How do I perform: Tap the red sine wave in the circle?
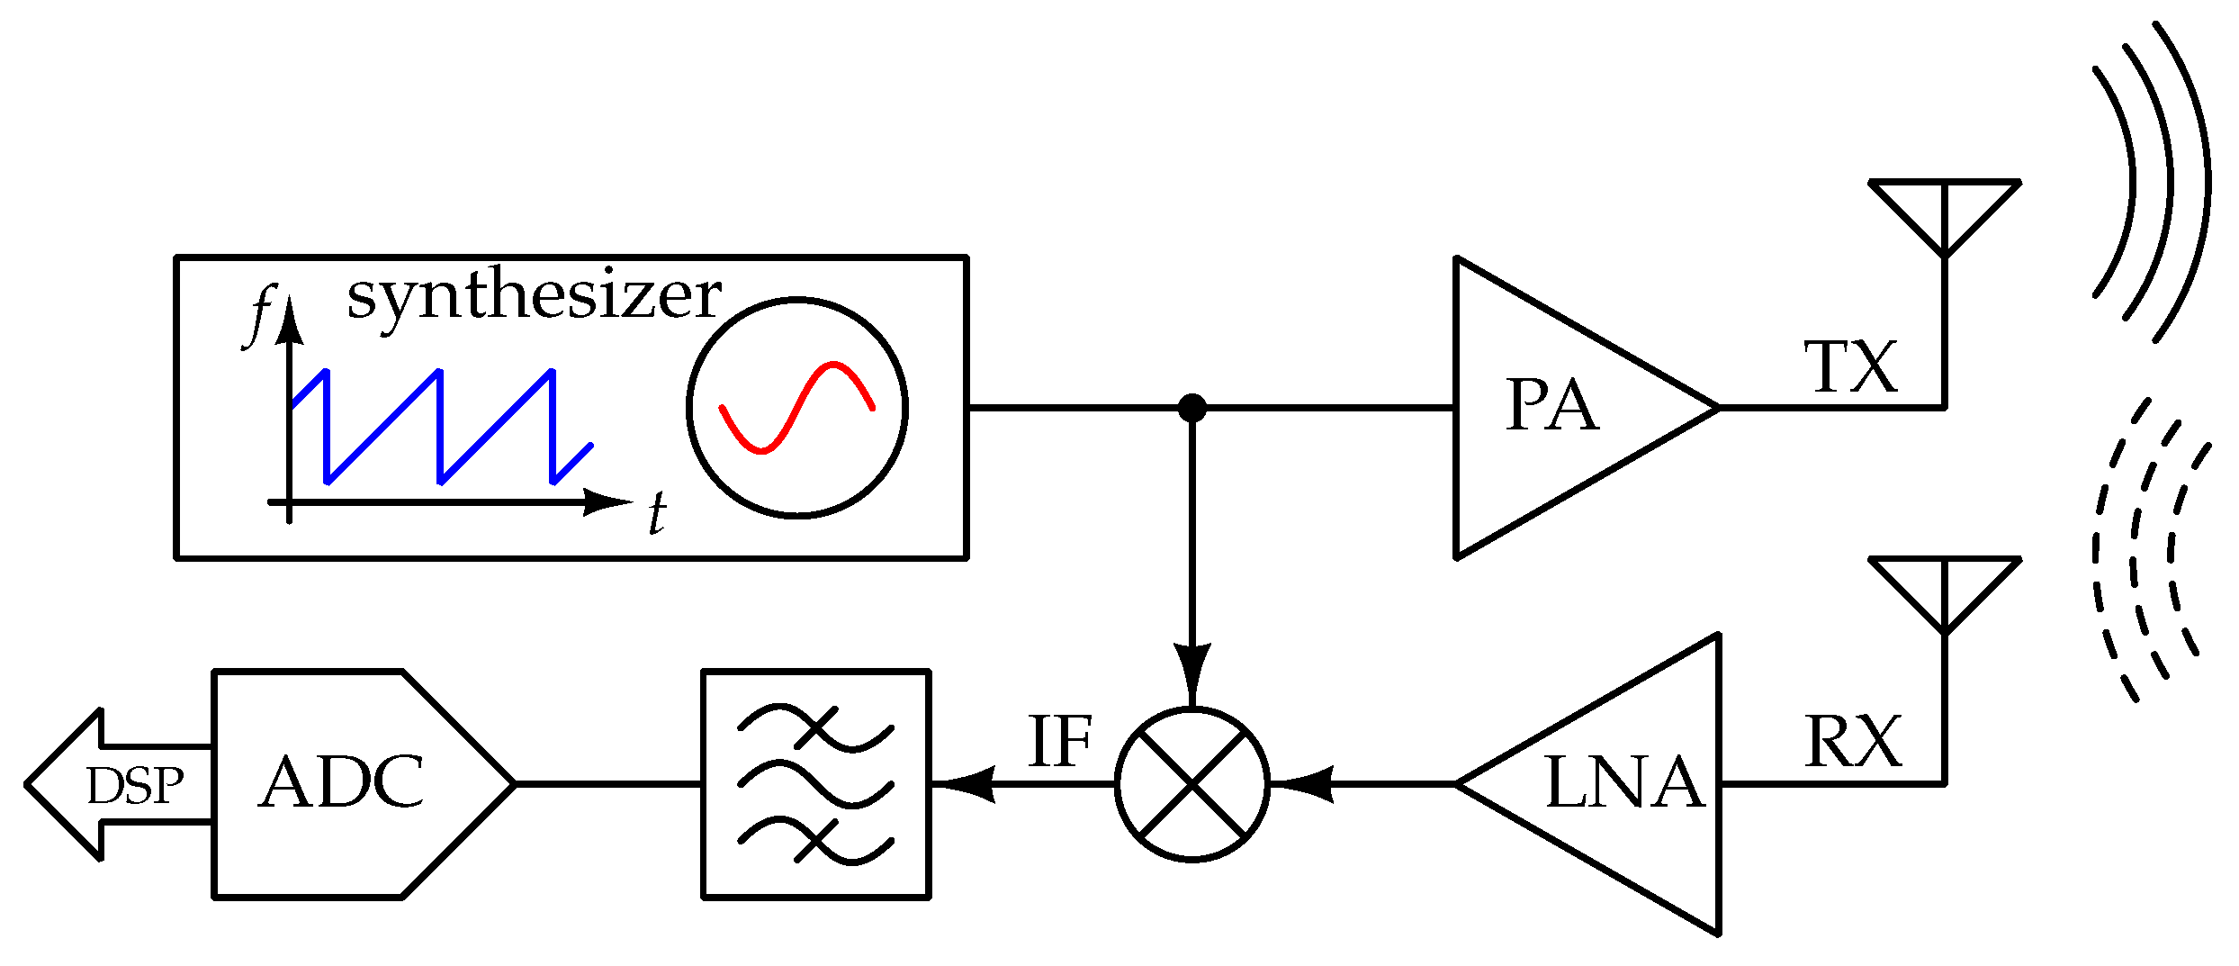click(797, 407)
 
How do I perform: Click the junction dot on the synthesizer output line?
click(1191, 408)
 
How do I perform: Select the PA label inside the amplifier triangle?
click(1551, 406)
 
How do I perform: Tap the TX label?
click(1851, 367)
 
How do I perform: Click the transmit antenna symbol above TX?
click(1945, 216)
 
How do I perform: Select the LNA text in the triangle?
click(1624, 783)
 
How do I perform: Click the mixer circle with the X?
click(1191, 784)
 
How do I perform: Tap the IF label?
click(1059, 743)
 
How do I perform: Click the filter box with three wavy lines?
click(815, 784)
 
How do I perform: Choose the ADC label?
click(341, 782)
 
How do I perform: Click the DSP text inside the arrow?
click(135, 786)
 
